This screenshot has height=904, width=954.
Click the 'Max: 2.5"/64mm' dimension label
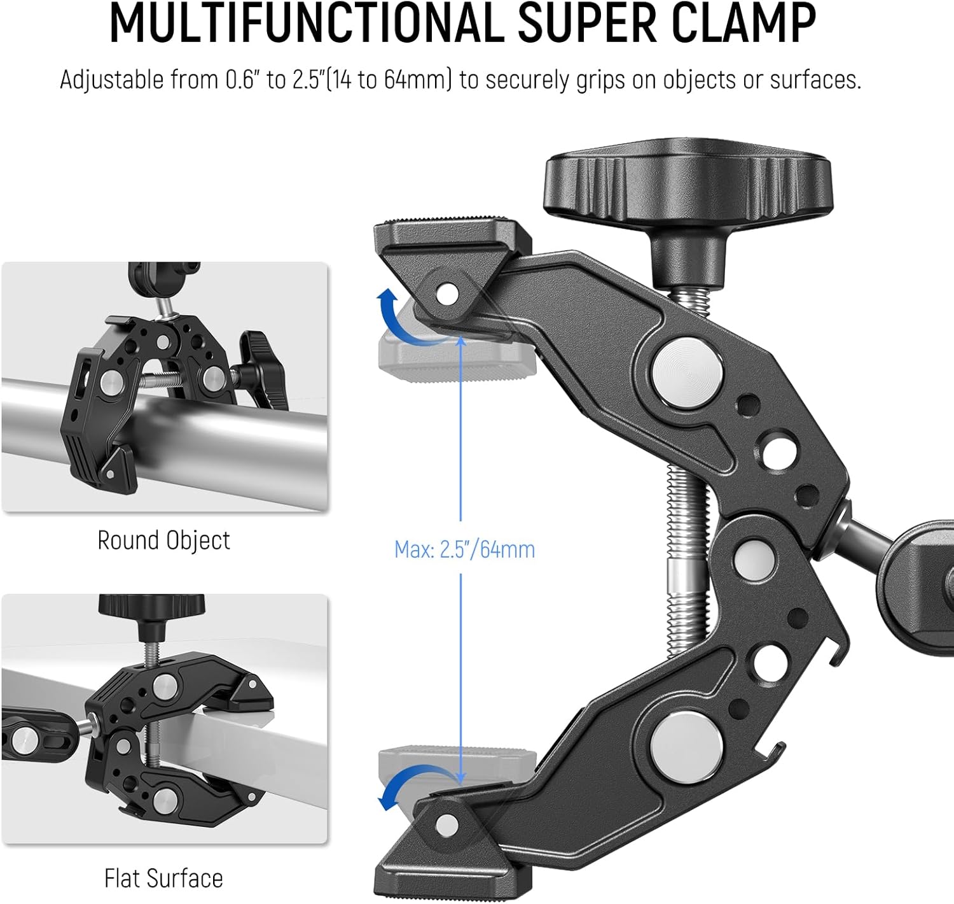464,549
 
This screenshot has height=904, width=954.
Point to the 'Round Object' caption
163,540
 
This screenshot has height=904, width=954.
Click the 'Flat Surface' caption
163,879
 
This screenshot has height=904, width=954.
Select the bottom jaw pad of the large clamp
445,859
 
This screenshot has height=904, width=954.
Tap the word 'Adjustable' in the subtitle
112,80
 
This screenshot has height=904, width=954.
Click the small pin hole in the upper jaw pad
447,293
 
